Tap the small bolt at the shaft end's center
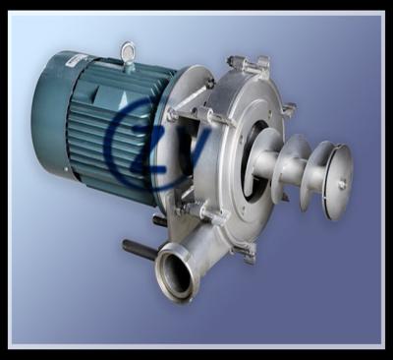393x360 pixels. click(342, 183)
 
